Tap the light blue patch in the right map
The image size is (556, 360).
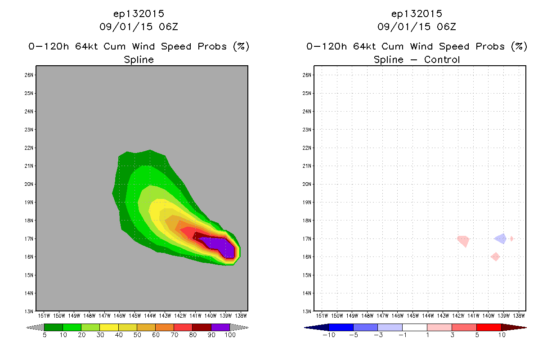point(501,239)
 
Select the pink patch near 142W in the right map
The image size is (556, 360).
point(463,241)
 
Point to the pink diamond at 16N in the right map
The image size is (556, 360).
point(495,256)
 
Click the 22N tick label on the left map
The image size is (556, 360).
point(29,148)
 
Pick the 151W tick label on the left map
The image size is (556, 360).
point(44,316)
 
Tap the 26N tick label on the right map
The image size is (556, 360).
point(307,75)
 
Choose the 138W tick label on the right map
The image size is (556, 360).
point(519,316)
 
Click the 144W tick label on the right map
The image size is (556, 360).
point(428,316)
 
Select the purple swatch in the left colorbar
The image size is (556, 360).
point(220,327)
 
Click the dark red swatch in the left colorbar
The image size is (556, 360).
point(202,327)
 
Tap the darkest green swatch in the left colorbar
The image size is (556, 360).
point(54,327)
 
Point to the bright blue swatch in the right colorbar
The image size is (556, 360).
point(341,327)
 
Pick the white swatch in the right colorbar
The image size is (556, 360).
point(415,327)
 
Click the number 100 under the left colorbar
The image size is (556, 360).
point(230,335)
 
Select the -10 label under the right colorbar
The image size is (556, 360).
point(329,335)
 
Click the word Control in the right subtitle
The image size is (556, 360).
point(442,59)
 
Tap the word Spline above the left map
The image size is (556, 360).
point(139,59)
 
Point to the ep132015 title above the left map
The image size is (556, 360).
point(139,13)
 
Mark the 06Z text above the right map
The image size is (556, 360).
point(447,27)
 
